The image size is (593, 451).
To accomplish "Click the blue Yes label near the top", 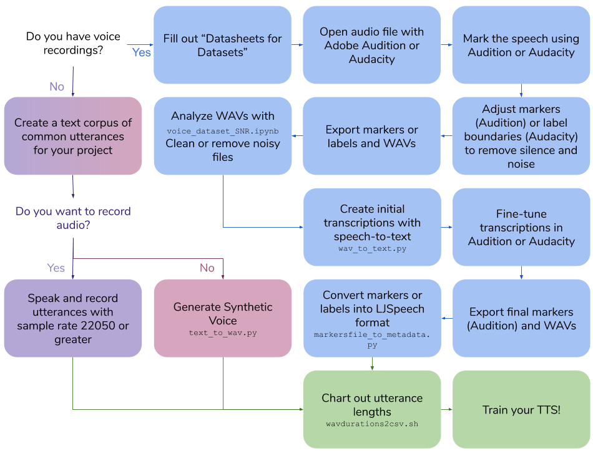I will pos(141,52).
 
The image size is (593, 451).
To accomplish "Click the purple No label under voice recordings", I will pos(57,87).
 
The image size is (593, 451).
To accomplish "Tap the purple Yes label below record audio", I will pos(56,268).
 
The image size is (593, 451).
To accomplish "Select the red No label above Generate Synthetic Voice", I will pos(207,268).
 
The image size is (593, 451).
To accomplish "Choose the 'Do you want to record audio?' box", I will pos(73,218).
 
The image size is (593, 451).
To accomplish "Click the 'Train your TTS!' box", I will pos(521,410).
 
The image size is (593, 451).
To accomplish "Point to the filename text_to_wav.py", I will pos(223,333).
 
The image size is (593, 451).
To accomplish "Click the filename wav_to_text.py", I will pos(372,248).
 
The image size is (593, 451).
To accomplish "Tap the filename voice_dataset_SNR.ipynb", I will pos(222,130).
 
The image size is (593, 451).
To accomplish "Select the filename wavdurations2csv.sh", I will pos(372,424).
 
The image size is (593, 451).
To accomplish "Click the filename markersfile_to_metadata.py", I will pos(372,339).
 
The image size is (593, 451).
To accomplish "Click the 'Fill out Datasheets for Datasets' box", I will pos(222,45).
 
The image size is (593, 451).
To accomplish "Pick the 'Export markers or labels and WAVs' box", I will pos(372,137).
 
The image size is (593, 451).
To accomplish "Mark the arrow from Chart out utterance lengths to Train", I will pos(446,410).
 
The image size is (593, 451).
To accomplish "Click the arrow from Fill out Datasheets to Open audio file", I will pos(297,45).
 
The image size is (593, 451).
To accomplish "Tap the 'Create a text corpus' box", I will pos(73,136).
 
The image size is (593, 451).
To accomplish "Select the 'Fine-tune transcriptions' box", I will pos(521,228).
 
